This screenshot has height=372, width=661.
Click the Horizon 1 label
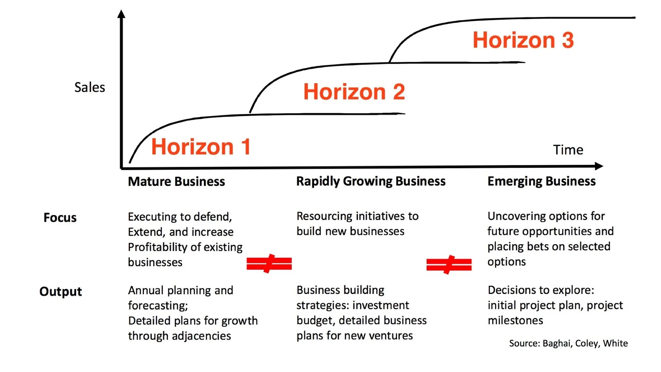(201, 147)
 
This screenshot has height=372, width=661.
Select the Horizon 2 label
(354, 92)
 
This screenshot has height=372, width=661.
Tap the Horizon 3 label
(523, 40)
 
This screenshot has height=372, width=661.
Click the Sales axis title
(90, 87)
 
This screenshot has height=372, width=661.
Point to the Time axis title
(568, 150)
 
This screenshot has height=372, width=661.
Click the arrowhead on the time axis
(599, 166)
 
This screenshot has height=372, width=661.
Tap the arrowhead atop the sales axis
(121, 14)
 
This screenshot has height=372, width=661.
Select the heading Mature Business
(176, 182)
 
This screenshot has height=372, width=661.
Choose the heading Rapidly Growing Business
(371, 181)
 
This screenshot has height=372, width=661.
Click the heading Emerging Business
(541, 181)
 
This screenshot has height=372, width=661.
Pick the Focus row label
(60, 218)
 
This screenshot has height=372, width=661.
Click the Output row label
(61, 292)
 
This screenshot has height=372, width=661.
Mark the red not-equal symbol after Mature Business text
(269, 263)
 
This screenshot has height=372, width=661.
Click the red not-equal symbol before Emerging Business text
(449, 265)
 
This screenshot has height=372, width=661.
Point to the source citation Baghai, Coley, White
(568, 343)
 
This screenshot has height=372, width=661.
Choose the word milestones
(515, 321)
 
